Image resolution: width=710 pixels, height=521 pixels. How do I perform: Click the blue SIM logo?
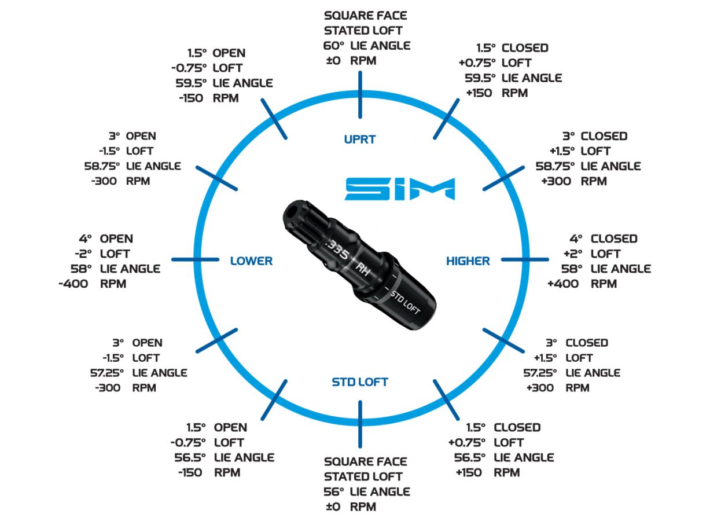pyautogui.click(x=400, y=189)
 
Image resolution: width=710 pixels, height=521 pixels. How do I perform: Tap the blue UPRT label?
pyautogui.click(x=360, y=140)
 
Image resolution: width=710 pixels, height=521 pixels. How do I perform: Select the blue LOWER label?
pyautogui.click(x=251, y=261)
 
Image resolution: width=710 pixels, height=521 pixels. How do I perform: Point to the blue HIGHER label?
pyautogui.click(x=468, y=261)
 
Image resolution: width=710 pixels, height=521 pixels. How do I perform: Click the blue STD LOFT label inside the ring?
pyautogui.click(x=360, y=382)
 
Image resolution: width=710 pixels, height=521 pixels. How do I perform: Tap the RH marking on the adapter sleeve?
pyautogui.click(x=362, y=269)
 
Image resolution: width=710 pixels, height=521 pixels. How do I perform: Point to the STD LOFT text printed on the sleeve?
pyautogui.click(x=404, y=302)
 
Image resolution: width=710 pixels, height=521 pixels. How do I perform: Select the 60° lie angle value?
pyautogui.click(x=333, y=46)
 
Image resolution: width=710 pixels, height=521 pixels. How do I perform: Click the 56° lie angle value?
pyautogui.click(x=333, y=492)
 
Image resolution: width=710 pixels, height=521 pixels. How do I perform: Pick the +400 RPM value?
pyautogui.click(x=563, y=284)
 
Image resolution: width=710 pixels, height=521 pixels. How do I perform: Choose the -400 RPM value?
pyautogui.click(x=73, y=284)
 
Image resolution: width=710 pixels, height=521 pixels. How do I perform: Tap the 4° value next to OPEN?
pyautogui.click(x=85, y=239)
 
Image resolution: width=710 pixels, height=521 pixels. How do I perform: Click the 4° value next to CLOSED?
pyautogui.click(x=576, y=239)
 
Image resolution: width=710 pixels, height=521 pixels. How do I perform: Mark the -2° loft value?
pyautogui.click(x=83, y=254)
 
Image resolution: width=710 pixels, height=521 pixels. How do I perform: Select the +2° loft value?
pyautogui.click(x=573, y=254)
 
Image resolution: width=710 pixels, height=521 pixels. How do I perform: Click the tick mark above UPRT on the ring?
pyautogui.click(x=360, y=95)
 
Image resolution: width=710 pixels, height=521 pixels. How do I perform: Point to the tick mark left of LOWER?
pyautogui.click(x=195, y=259)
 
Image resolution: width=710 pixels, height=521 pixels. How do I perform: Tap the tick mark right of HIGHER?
pyautogui.click(x=525, y=259)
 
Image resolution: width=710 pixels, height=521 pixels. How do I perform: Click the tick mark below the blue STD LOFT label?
pyautogui.click(x=360, y=424)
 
